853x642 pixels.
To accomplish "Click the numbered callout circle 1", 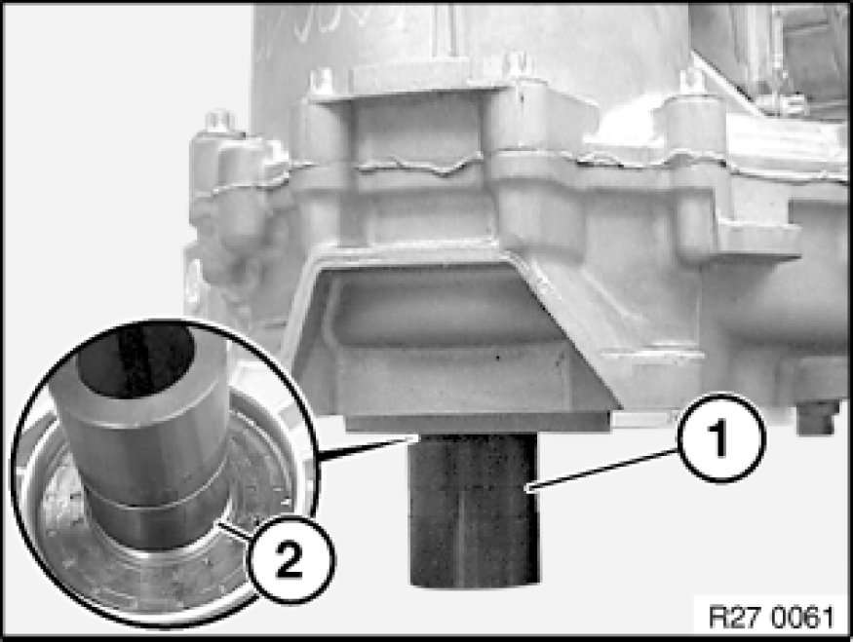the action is click(719, 438).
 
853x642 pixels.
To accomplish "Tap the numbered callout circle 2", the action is click(289, 559).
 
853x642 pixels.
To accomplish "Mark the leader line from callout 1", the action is click(603, 471).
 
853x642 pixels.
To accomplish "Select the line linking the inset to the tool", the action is click(364, 449).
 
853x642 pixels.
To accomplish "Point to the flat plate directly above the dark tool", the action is click(477, 422).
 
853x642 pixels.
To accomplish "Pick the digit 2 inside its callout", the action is click(289, 559).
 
